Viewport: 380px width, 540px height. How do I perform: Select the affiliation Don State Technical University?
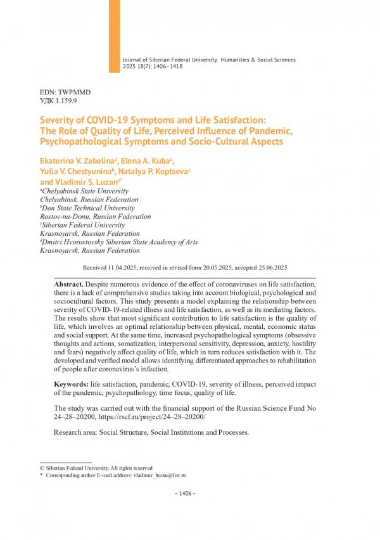tap(89, 208)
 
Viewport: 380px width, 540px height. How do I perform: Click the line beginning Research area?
tap(151, 434)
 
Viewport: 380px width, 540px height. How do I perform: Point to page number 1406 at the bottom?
tap(186, 493)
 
